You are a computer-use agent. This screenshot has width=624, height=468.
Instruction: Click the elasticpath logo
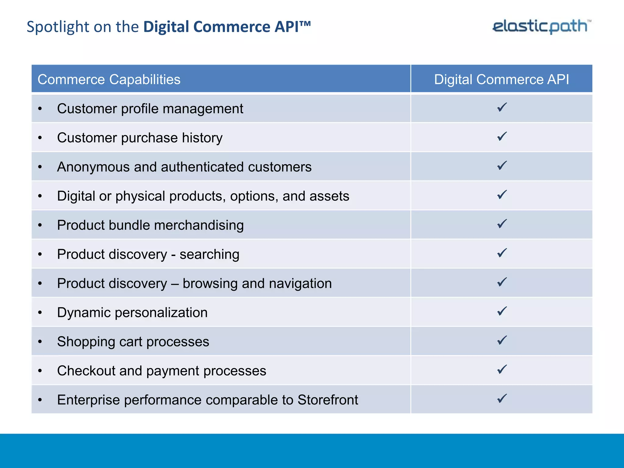[541, 26]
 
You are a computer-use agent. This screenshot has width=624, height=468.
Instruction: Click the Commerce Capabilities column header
[109, 80]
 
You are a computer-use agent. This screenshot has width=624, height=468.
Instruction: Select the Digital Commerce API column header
[501, 80]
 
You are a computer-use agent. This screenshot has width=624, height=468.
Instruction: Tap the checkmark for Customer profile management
[502, 107]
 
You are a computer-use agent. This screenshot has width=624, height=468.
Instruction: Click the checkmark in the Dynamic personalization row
[502, 311]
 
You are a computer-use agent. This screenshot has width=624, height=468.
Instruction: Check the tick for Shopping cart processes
[502, 340]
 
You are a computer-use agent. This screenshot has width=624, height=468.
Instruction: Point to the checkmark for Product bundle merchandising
[502, 224]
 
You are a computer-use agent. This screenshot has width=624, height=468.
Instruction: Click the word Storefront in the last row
[328, 400]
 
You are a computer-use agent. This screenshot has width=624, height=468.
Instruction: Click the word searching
[209, 255]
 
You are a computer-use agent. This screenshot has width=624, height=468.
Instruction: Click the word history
[202, 138]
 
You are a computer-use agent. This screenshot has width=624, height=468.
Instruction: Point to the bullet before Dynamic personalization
[40, 313]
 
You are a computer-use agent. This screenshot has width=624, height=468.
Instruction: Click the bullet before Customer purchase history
[40, 138]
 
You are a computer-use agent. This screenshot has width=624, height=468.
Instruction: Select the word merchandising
[199, 225]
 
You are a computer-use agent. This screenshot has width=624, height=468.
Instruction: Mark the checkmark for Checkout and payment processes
[502, 369]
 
